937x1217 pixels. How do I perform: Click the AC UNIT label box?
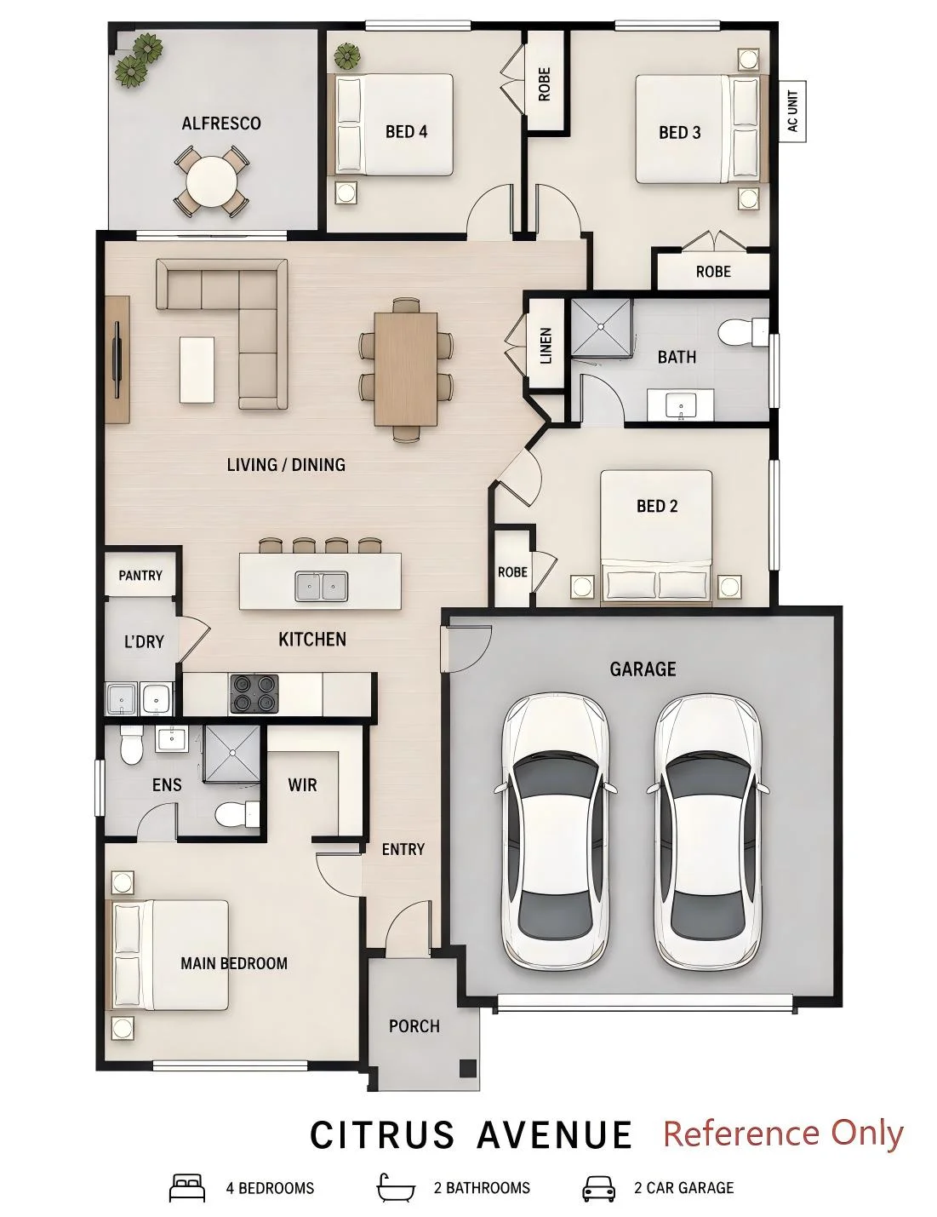point(792,111)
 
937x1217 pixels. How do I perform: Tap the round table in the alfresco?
point(211,181)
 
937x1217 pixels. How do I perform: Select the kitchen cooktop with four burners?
point(254,693)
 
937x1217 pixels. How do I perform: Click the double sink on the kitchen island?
point(321,587)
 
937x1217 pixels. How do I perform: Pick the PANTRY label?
point(140,575)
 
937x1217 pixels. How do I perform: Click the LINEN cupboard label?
point(546,346)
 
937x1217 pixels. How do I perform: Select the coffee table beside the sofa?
point(197,369)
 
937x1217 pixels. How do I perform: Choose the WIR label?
point(303,784)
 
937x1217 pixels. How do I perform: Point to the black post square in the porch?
point(468,1067)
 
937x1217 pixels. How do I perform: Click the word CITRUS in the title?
point(383,1134)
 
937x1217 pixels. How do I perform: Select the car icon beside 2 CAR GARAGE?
point(598,1187)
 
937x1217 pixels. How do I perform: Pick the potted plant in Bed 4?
point(347,57)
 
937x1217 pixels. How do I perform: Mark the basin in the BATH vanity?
point(681,405)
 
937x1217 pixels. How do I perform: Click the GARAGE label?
point(643,669)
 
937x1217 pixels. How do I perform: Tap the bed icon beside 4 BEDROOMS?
point(187,1187)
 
